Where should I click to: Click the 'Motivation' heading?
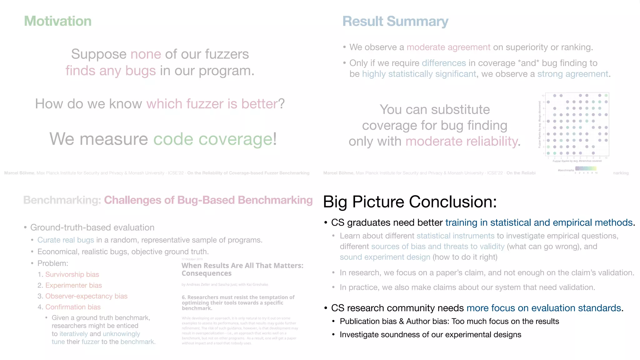click(58, 21)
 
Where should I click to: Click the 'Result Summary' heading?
click(395, 22)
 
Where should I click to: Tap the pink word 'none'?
click(146, 54)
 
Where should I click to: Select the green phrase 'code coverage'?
click(213, 139)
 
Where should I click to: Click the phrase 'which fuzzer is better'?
click(212, 104)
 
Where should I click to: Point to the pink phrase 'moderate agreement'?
click(448, 47)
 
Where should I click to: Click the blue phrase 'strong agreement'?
click(573, 74)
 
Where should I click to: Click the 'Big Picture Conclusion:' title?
click(410, 202)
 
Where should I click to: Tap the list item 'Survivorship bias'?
click(72, 274)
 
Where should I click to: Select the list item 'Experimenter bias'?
click(73, 285)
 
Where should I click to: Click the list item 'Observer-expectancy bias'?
click(86, 296)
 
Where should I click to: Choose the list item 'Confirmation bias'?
click(73, 307)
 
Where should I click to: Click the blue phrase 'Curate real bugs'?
click(66, 240)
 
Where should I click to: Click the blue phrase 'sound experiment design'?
click(385, 257)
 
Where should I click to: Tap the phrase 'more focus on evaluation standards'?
click(543, 308)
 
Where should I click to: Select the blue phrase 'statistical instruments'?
click(455, 236)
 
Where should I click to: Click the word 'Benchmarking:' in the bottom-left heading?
click(62, 200)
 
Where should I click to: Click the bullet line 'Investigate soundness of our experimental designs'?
click(430, 335)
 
